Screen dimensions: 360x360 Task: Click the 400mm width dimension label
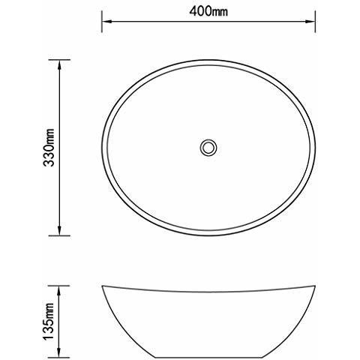point(208,11)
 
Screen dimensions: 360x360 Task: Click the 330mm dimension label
point(49,148)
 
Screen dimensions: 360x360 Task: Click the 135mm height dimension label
point(49,321)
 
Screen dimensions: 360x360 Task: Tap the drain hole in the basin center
point(208,148)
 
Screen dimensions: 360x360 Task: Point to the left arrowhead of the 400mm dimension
point(106,22)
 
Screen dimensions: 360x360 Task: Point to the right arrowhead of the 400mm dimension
point(310,22)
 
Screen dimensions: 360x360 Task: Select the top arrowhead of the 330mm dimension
point(59,64)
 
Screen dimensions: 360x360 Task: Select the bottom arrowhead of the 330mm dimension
point(59,231)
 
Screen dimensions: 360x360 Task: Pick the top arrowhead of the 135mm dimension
point(59,290)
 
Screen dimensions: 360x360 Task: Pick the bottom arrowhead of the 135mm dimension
point(59,353)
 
